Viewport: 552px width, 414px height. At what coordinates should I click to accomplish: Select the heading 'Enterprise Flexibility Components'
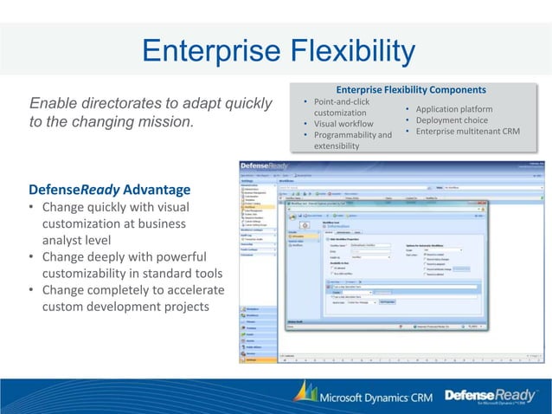tap(411, 89)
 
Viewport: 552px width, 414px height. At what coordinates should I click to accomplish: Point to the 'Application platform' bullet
tap(455, 110)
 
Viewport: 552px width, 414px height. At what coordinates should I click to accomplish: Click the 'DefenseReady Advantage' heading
tap(110, 190)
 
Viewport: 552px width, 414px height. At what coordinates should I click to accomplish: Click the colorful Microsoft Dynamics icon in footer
tap(303, 394)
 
